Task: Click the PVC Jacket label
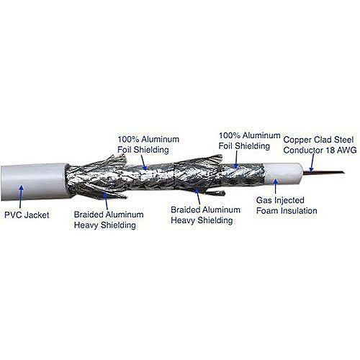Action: (27, 215)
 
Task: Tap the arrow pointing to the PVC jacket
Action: (21, 197)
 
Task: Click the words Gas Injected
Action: (280, 200)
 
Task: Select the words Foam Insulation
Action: (287, 211)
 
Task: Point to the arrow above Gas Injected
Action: (276, 186)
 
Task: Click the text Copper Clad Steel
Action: (318, 140)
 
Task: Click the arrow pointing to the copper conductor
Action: (312, 163)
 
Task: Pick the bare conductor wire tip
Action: (343, 172)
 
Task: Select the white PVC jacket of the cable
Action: (34, 182)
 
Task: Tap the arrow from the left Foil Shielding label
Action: (143, 162)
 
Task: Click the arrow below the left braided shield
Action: (106, 202)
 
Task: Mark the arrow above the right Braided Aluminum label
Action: (197, 197)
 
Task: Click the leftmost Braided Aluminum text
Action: (109, 215)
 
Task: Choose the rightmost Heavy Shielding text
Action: (202, 220)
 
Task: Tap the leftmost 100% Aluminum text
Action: (148, 139)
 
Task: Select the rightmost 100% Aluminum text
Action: (250, 135)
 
